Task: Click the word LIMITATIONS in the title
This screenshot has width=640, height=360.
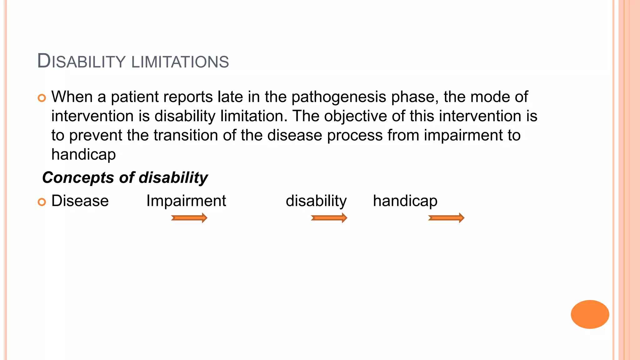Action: tap(180, 62)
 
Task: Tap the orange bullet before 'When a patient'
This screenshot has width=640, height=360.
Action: tap(42, 98)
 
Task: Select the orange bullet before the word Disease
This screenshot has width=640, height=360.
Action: tap(42, 202)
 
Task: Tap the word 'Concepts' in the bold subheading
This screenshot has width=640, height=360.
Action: tap(78, 178)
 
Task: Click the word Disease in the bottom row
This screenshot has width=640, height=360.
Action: tap(80, 201)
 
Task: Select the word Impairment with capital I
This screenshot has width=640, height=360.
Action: tap(186, 201)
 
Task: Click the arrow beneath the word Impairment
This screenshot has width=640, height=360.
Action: tap(189, 218)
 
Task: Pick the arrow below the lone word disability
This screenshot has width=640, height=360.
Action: tap(329, 218)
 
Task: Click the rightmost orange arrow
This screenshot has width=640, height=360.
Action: tap(446, 218)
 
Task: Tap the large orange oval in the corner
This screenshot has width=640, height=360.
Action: tap(590, 314)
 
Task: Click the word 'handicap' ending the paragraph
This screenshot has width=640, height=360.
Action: tap(83, 155)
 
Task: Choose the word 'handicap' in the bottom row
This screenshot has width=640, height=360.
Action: tap(405, 201)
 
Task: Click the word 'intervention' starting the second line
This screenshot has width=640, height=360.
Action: tap(92, 116)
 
